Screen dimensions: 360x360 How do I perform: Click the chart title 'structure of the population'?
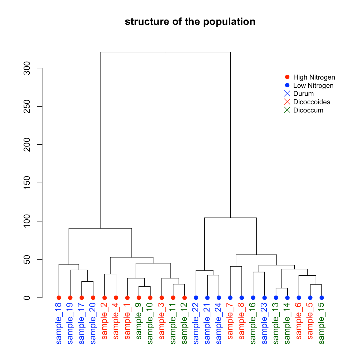[190, 22]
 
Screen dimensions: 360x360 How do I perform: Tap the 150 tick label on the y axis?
[27, 183]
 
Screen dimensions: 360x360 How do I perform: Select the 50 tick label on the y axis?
[27, 259]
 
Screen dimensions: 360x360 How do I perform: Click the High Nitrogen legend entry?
[314, 77]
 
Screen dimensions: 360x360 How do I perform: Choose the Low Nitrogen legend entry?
[313, 86]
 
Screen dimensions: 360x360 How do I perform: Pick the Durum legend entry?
[303, 94]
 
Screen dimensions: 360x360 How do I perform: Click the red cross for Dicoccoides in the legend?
[287, 102]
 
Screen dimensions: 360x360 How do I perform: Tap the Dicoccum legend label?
[308, 110]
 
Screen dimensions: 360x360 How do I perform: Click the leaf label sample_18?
[59, 323]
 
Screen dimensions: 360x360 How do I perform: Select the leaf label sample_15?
[322, 323]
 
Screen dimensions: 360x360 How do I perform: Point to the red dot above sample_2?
[104, 298]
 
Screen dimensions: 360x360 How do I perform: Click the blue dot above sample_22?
[196, 298]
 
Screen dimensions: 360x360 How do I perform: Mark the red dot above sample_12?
[185, 298]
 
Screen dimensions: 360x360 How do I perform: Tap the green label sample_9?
[139, 321]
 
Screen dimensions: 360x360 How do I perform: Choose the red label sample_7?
[230, 321]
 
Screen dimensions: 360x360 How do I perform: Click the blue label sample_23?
[265, 323]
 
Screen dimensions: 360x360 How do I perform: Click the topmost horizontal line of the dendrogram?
[165, 52]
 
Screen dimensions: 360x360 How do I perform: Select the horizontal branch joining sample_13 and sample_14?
[282, 288]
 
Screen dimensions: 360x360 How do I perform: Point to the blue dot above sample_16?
[253, 298]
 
